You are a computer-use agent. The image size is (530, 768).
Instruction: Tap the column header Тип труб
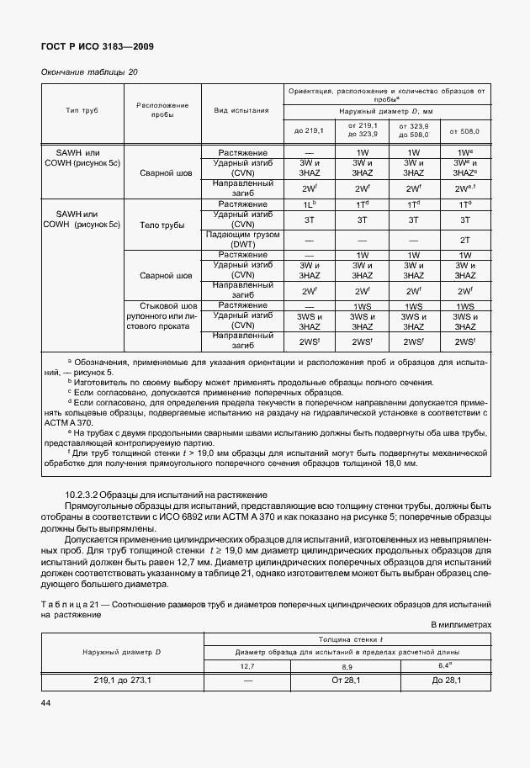(x=82, y=110)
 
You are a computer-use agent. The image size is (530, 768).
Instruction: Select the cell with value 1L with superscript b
(x=309, y=204)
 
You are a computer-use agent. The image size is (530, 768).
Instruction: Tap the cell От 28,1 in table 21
(x=347, y=680)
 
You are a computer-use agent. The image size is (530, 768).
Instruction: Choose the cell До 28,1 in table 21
(x=446, y=680)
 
